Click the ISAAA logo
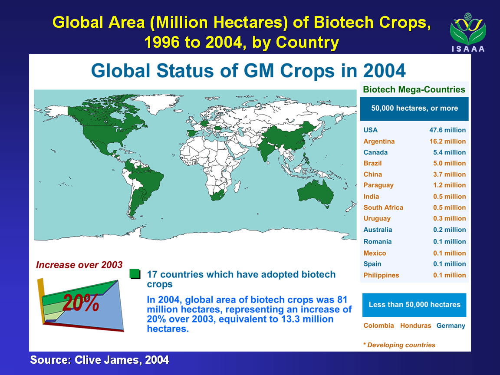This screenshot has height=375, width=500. tap(468, 33)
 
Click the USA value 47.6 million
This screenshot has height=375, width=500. tap(447, 130)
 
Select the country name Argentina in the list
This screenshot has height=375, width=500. tap(379, 141)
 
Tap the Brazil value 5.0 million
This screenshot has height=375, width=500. tap(449, 163)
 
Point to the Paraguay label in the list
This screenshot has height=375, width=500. tap(378, 185)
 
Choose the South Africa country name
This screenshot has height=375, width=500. tap(383, 207)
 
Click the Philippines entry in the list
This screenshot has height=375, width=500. tap(381, 275)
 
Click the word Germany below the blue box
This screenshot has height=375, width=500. tap(451, 326)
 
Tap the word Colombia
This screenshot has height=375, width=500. tap(378, 326)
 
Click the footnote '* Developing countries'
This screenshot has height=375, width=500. tap(399, 345)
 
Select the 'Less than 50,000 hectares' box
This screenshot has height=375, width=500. tap(414, 305)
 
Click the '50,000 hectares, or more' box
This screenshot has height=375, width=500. tap(414, 108)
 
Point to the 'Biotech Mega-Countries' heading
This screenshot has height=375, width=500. tap(414, 90)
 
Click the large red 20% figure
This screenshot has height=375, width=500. tap(81, 303)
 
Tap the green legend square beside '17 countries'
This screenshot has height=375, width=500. tap(135, 274)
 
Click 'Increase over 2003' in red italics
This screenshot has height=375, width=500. tap(79, 265)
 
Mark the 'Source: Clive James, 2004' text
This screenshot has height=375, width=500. tap(99, 360)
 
